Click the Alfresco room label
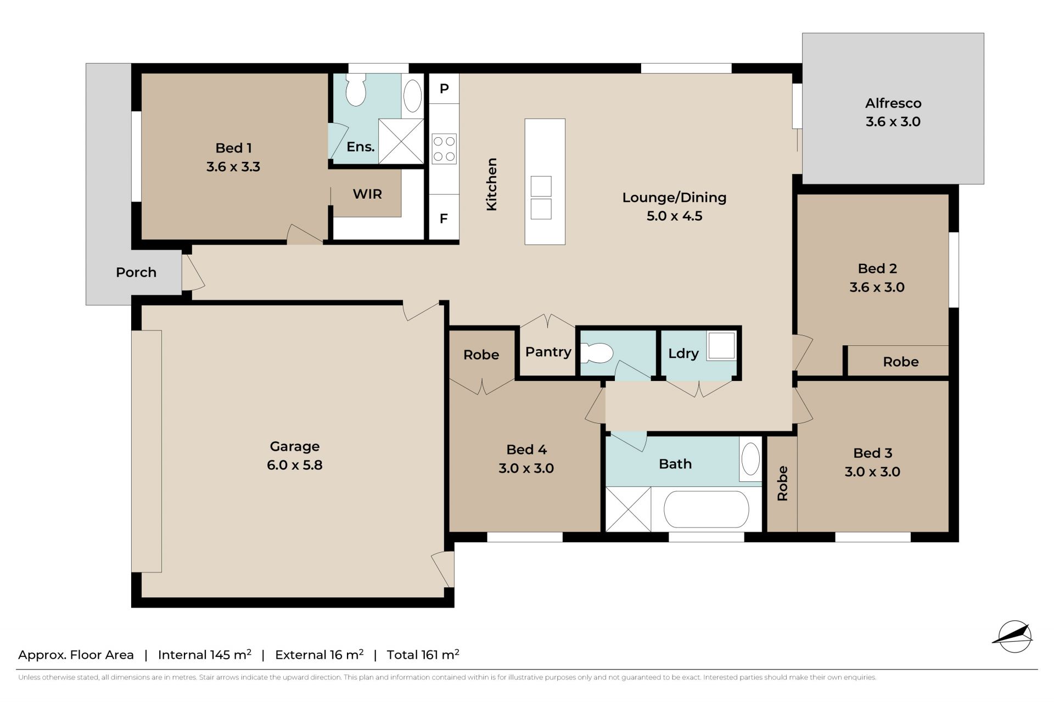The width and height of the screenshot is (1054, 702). coord(893,103)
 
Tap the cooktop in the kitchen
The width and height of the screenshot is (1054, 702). coord(444,149)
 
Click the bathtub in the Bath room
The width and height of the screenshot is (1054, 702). coord(706,509)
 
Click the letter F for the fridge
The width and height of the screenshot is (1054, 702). coord(444,218)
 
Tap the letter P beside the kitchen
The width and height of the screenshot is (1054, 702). coord(444,88)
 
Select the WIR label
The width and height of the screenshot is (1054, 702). coord(367,194)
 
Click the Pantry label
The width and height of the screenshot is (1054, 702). coord(548,352)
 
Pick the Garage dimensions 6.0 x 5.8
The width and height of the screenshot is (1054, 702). coord(295,465)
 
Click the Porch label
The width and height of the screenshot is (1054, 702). coord(136,272)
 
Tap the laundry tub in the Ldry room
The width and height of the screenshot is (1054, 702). coord(721,346)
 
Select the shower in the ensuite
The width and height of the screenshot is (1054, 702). coord(401,141)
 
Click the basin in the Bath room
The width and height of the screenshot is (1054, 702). coord(750,459)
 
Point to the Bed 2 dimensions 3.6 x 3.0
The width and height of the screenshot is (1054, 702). coord(877,287)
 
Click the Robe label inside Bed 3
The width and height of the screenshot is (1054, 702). coord(782,484)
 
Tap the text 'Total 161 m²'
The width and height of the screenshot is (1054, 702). coord(423,654)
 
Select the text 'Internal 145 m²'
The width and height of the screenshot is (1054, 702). coord(205,654)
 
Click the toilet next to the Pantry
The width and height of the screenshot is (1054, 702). coord(597,353)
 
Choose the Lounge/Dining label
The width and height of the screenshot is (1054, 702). coord(674,198)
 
